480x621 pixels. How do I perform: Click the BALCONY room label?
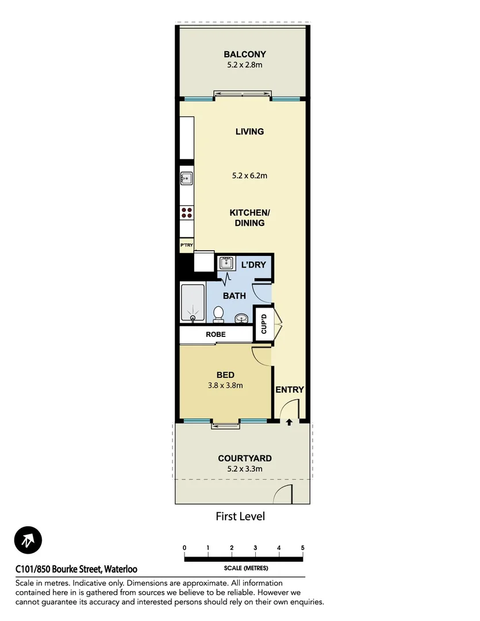pyautogui.click(x=245, y=55)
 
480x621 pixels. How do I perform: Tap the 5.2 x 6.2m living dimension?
pyautogui.click(x=249, y=175)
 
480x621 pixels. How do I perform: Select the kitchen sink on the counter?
pyautogui.click(x=186, y=178)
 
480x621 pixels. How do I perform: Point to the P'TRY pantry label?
pyautogui.click(x=186, y=246)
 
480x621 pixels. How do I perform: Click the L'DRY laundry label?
pyautogui.click(x=254, y=264)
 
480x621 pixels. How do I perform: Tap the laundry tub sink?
pyautogui.click(x=226, y=264)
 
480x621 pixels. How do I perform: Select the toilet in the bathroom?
pyautogui.click(x=218, y=314)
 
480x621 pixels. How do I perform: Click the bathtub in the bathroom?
pyautogui.click(x=193, y=303)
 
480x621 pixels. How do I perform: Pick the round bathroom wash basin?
pyautogui.click(x=242, y=317)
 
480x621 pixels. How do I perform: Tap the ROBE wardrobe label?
pyautogui.click(x=216, y=334)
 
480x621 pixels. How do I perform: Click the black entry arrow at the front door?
pyautogui.click(x=289, y=423)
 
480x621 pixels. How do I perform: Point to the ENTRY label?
pyautogui.click(x=289, y=389)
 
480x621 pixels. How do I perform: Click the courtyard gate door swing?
pyautogui.click(x=285, y=494)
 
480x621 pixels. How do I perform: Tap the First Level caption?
pyautogui.click(x=240, y=516)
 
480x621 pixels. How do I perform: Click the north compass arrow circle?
pyautogui.click(x=28, y=540)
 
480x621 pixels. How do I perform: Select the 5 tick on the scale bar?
pyautogui.click(x=302, y=547)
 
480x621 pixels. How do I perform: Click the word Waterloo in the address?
pyautogui.click(x=121, y=570)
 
